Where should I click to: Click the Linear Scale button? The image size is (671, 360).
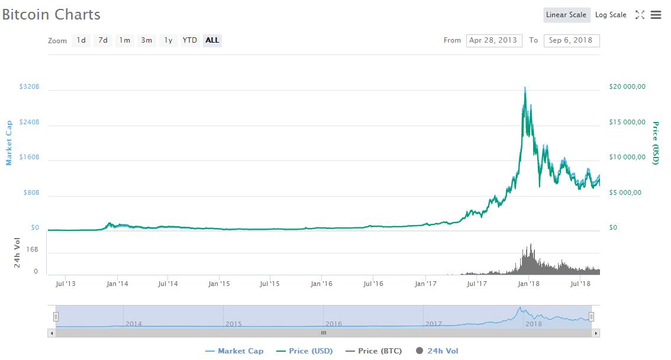[x=566, y=15]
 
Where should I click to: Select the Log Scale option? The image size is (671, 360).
[x=611, y=15]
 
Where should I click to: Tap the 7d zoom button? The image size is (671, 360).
[x=103, y=40]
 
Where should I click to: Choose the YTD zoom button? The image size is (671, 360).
[x=190, y=40]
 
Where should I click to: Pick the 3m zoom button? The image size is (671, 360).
[x=146, y=40]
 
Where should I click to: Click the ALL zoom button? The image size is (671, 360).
[x=212, y=40]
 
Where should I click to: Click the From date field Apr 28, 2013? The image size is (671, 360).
[x=494, y=40]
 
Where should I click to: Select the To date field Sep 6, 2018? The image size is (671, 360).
[x=572, y=40]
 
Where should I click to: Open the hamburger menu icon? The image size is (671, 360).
[x=656, y=15]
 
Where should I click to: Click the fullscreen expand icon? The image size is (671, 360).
[x=640, y=15]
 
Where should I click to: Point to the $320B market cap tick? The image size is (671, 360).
[x=29, y=87]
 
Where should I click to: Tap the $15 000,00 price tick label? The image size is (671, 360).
[x=627, y=123]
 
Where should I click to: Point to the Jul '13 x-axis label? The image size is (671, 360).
[x=65, y=284]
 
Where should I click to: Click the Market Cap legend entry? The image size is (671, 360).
[x=234, y=351]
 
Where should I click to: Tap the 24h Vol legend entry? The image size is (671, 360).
[x=437, y=351]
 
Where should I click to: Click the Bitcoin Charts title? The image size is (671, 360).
[x=51, y=15]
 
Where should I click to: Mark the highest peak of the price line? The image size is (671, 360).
[x=525, y=88]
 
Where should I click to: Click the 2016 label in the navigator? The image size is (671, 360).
[x=334, y=324]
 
